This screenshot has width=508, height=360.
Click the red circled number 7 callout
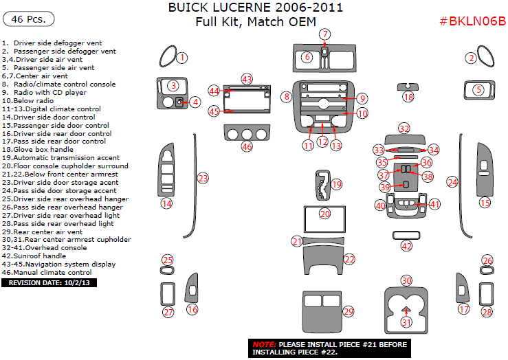point(324,34)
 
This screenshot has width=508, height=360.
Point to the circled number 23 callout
point(203,178)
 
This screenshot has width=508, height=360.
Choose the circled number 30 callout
point(406,280)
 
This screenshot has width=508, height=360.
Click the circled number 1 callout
point(181,58)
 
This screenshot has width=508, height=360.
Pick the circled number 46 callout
point(247,146)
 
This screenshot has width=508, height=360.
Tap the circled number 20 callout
point(324,214)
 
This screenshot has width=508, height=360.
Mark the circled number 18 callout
point(408,98)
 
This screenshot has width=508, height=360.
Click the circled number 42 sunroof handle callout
point(407,246)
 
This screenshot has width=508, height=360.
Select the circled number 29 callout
point(348,312)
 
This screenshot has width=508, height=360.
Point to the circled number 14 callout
point(166,203)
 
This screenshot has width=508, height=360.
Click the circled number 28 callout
point(487,312)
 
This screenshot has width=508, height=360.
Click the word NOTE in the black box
point(263,344)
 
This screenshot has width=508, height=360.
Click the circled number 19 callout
point(336,184)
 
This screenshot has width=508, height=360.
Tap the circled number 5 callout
point(478,89)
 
